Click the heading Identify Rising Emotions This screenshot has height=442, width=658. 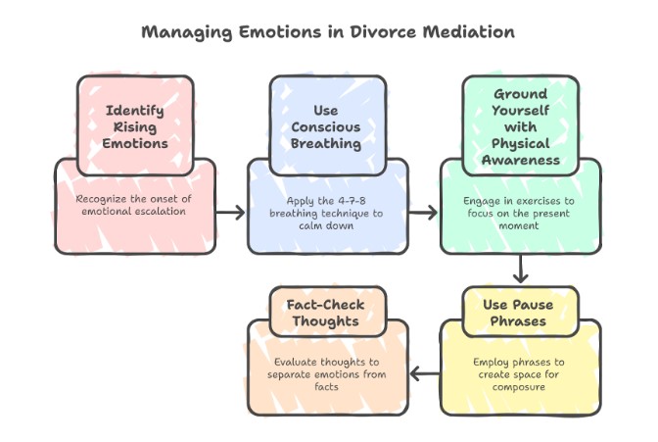pyautogui.click(x=135, y=125)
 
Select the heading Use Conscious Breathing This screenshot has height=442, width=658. pyautogui.click(x=328, y=125)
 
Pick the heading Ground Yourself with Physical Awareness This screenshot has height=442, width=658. pyautogui.click(x=521, y=125)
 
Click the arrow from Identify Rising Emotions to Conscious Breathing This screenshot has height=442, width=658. pyautogui.click(x=230, y=211)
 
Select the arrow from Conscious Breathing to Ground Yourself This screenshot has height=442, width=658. pyautogui.click(x=423, y=211)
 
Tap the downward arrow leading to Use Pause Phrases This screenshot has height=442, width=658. pyautogui.click(x=521, y=268)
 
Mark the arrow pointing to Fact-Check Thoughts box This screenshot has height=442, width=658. pyautogui.click(x=423, y=372)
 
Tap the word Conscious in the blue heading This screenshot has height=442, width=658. pyautogui.click(x=328, y=125)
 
